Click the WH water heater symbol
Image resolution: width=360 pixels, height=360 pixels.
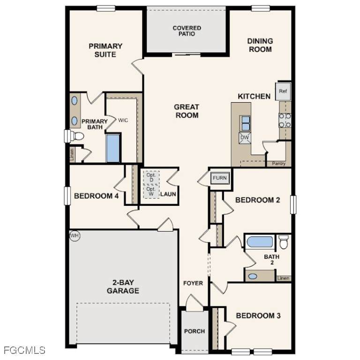(x=75, y=236)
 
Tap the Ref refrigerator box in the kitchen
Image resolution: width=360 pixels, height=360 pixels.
(x=283, y=91)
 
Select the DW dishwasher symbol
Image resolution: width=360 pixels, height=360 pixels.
(x=245, y=138)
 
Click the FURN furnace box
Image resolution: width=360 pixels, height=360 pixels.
(x=220, y=178)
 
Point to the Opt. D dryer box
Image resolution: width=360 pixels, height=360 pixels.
(x=151, y=177)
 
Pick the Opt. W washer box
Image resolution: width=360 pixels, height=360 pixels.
(x=151, y=191)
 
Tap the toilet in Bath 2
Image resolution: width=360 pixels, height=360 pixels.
(x=284, y=241)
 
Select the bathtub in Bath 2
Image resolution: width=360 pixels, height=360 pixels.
(x=260, y=242)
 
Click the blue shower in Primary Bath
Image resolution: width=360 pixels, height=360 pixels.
(x=113, y=148)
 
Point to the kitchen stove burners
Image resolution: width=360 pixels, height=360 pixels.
(x=285, y=120)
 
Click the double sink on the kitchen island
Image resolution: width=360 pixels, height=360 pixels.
(x=245, y=123)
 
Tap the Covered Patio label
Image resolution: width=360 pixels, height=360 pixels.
(x=187, y=31)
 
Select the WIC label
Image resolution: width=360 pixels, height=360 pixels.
(x=123, y=120)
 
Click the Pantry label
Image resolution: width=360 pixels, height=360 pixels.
(x=278, y=164)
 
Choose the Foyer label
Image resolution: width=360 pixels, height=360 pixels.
(x=193, y=283)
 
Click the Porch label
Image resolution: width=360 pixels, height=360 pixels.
(x=195, y=331)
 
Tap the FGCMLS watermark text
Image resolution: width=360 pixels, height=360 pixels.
(x=24, y=351)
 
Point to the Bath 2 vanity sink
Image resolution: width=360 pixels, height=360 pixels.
(x=253, y=276)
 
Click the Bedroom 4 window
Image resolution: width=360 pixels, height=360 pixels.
(x=67, y=196)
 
